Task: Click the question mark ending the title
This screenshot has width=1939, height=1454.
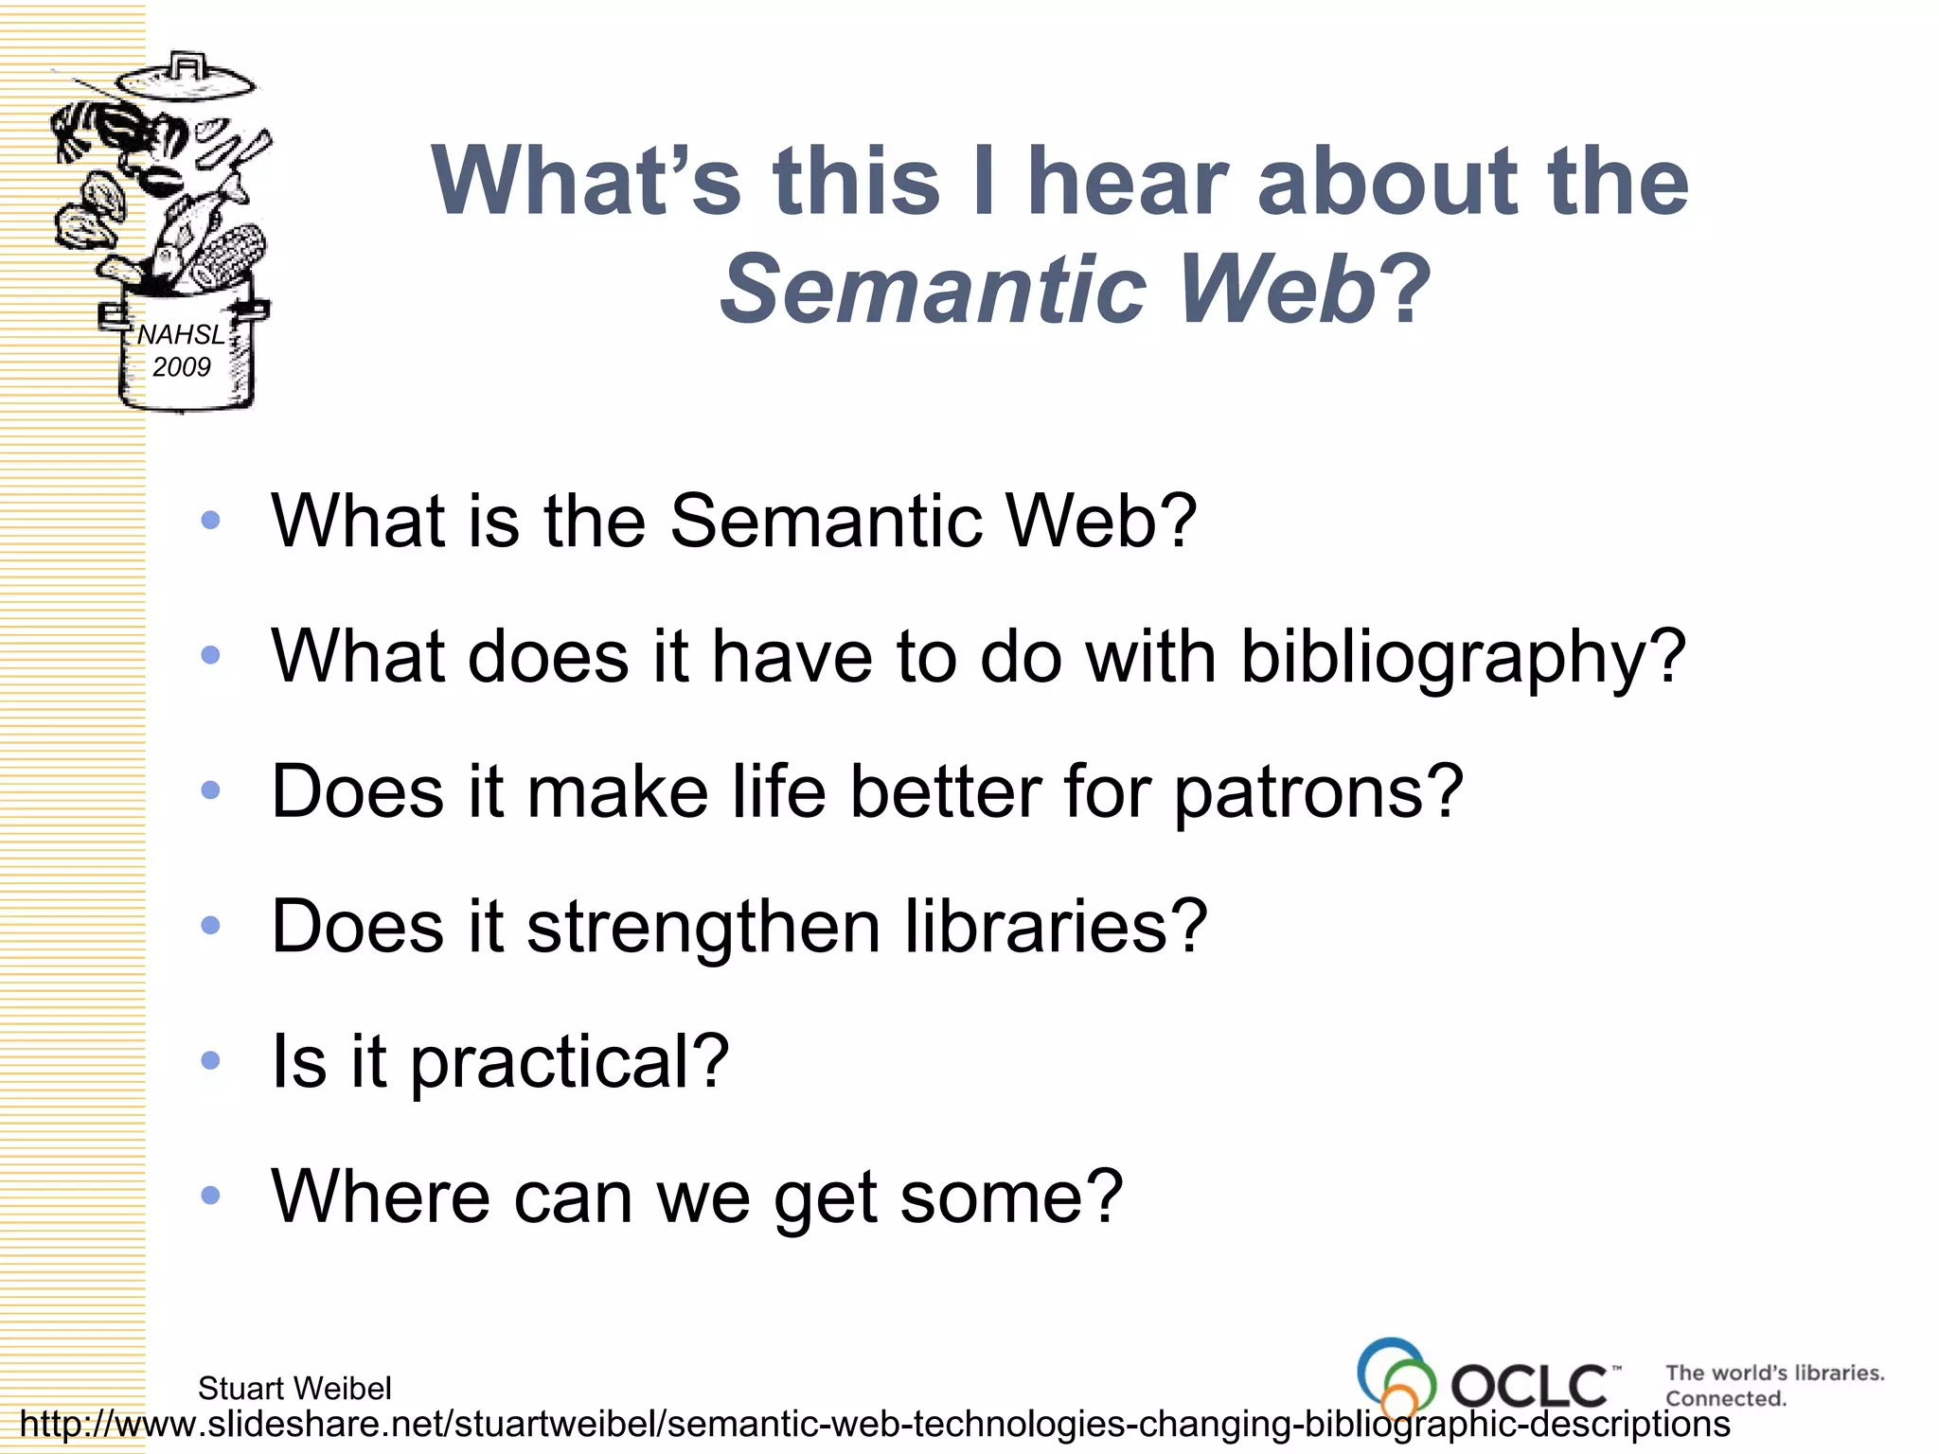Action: click(x=1405, y=288)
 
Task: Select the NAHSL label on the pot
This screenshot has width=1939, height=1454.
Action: click(x=180, y=335)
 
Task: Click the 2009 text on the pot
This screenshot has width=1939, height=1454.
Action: click(x=181, y=367)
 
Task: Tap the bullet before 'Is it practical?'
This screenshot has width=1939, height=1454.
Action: click(x=210, y=1060)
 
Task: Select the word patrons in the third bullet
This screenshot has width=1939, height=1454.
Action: click(x=1318, y=791)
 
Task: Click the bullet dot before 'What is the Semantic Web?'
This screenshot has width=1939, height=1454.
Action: click(x=210, y=520)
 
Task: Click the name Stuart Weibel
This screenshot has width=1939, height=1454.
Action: click(x=294, y=1388)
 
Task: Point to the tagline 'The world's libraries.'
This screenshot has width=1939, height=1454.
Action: click(x=1774, y=1373)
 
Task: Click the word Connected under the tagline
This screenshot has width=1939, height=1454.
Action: click(x=1725, y=1398)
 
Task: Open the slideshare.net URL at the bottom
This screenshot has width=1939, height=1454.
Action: click(x=874, y=1424)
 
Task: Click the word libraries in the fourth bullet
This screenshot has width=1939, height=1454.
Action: click(x=1055, y=926)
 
